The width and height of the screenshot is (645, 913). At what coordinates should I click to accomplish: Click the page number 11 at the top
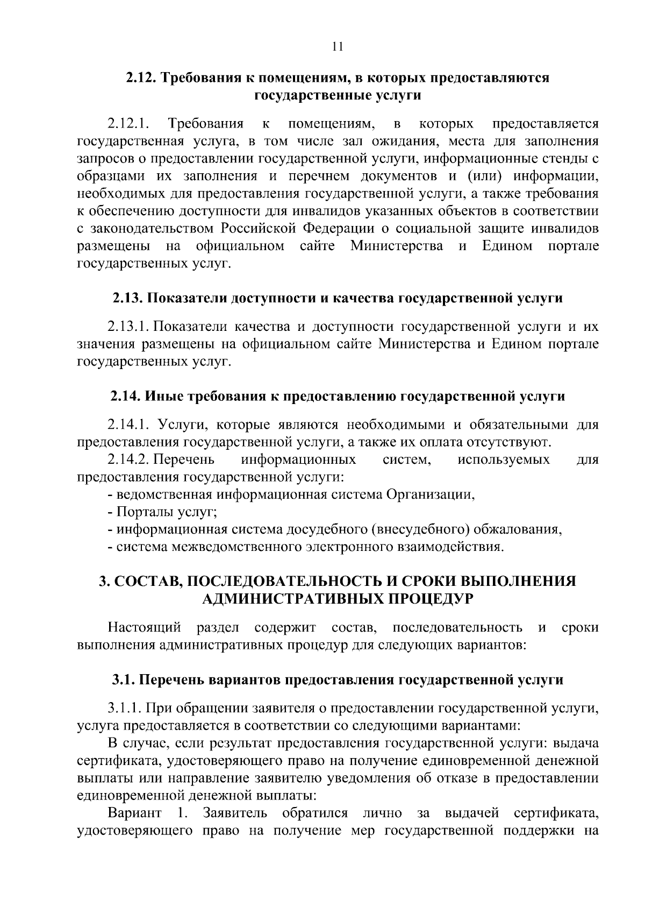pos(338,46)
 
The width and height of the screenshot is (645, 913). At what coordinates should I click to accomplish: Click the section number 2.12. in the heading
pos(141,78)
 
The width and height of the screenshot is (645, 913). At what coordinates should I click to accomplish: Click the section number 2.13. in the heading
pos(127,298)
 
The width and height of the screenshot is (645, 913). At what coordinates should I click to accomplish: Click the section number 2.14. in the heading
pos(125,397)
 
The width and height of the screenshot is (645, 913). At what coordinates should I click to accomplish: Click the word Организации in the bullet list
pos(429,494)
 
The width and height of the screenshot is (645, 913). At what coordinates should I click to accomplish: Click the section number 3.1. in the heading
pos(123,680)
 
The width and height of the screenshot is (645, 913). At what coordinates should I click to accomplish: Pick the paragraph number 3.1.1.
pos(124,709)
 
